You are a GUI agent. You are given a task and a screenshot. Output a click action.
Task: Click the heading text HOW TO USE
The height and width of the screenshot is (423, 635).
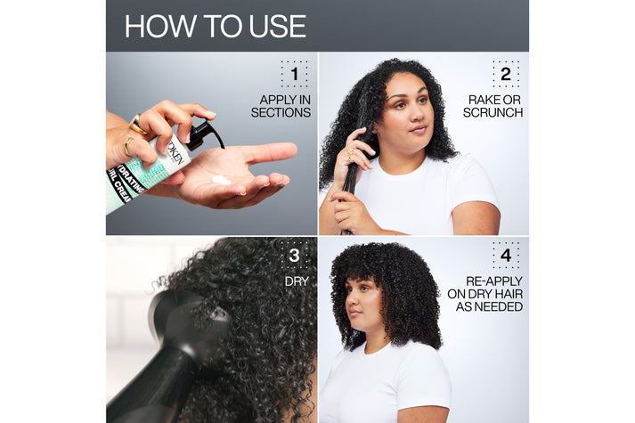pos(215,26)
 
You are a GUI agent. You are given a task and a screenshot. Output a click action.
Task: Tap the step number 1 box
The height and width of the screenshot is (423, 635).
pos(294,74)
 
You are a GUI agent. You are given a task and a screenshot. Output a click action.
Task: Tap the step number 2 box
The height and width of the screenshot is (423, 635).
pos(505,74)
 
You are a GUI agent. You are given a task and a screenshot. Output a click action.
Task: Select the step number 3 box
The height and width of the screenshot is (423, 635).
pos(294,256)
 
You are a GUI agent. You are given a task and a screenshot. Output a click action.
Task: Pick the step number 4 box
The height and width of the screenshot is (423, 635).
pos(505,256)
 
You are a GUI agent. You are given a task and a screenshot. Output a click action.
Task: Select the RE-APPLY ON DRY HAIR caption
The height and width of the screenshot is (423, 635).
pos(487,293)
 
